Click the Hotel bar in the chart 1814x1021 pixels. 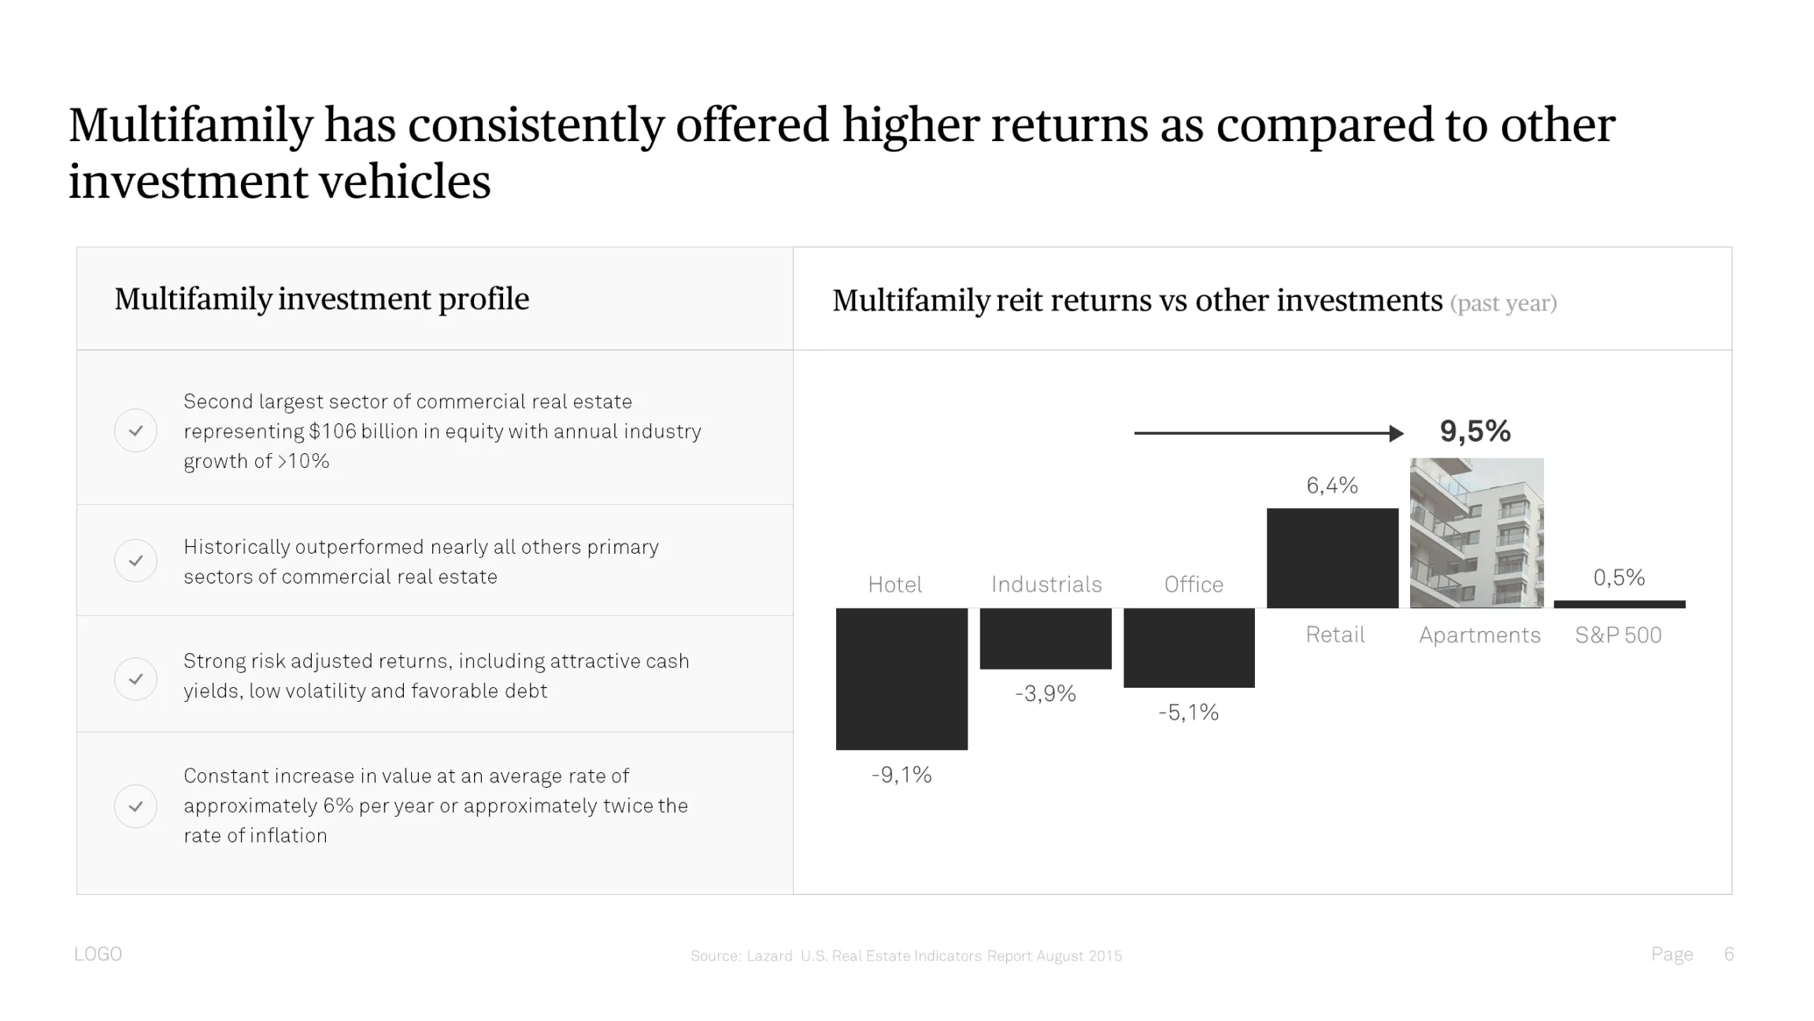[x=901, y=678]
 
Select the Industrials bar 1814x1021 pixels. [x=1046, y=638]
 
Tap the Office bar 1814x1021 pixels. [x=1189, y=648]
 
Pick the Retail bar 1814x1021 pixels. [x=1332, y=558]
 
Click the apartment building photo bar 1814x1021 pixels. [x=1476, y=533]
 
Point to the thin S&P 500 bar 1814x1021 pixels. [x=1620, y=604]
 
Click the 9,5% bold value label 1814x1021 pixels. [x=1475, y=431]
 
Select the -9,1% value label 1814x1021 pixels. [x=901, y=775]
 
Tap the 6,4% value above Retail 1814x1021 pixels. [x=1332, y=485]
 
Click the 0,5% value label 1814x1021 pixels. [x=1619, y=577]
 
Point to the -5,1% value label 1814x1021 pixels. [x=1188, y=713]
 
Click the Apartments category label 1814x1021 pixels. [x=1479, y=635]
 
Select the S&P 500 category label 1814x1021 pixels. [x=1618, y=635]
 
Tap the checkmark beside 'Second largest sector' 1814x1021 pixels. [x=136, y=431]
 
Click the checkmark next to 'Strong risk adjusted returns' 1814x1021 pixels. [x=136, y=678]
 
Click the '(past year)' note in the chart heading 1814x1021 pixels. [x=1503, y=303]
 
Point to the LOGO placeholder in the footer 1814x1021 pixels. [x=98, y=954]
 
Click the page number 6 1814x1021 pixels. [x=1729, y=954]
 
